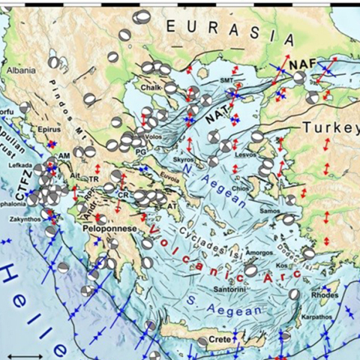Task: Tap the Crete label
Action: point(218,340)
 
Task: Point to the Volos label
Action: point(154,137)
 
